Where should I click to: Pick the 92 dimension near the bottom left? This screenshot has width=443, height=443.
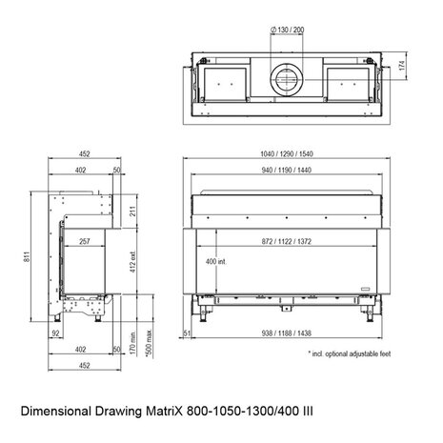[56, 332]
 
